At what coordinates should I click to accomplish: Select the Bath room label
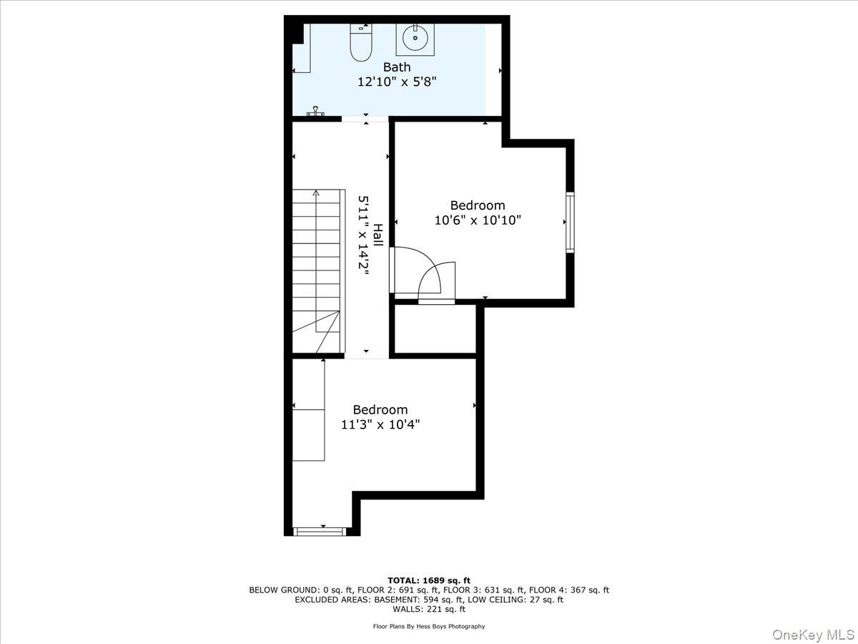(397, 67)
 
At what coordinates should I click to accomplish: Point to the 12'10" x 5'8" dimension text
(397, 82)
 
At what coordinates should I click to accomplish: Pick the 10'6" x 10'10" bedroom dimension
(478, 220)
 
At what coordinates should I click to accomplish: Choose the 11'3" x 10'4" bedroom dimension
(380, 424)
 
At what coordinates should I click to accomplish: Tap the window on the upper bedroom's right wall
(570, 222)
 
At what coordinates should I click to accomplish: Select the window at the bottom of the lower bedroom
(320, 531)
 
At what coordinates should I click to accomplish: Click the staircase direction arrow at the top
(316, 194)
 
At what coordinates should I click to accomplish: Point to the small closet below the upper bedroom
(435, 329)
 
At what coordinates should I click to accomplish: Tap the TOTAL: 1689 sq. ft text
(429, 580)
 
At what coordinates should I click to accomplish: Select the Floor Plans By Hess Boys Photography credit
(429, 626)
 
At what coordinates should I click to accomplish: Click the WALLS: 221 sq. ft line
(429, 610)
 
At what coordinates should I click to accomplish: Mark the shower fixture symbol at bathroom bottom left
(316, 112)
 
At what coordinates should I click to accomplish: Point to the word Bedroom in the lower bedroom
(380, 410)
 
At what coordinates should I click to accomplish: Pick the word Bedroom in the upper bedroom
(478, 205)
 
